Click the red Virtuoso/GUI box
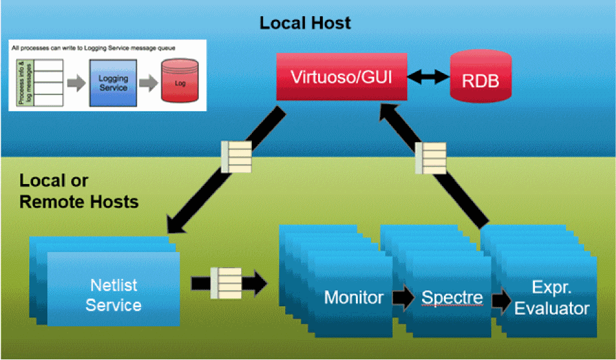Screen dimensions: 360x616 (342, 77)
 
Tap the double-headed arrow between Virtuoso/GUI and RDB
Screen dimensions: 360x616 (428, 77)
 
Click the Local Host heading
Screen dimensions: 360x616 (305, 23)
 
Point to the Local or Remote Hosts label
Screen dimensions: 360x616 (79, 192)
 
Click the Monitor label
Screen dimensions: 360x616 (354, 297)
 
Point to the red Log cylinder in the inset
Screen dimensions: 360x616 (180, 81)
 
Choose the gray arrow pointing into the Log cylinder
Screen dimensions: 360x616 (148, 83)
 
